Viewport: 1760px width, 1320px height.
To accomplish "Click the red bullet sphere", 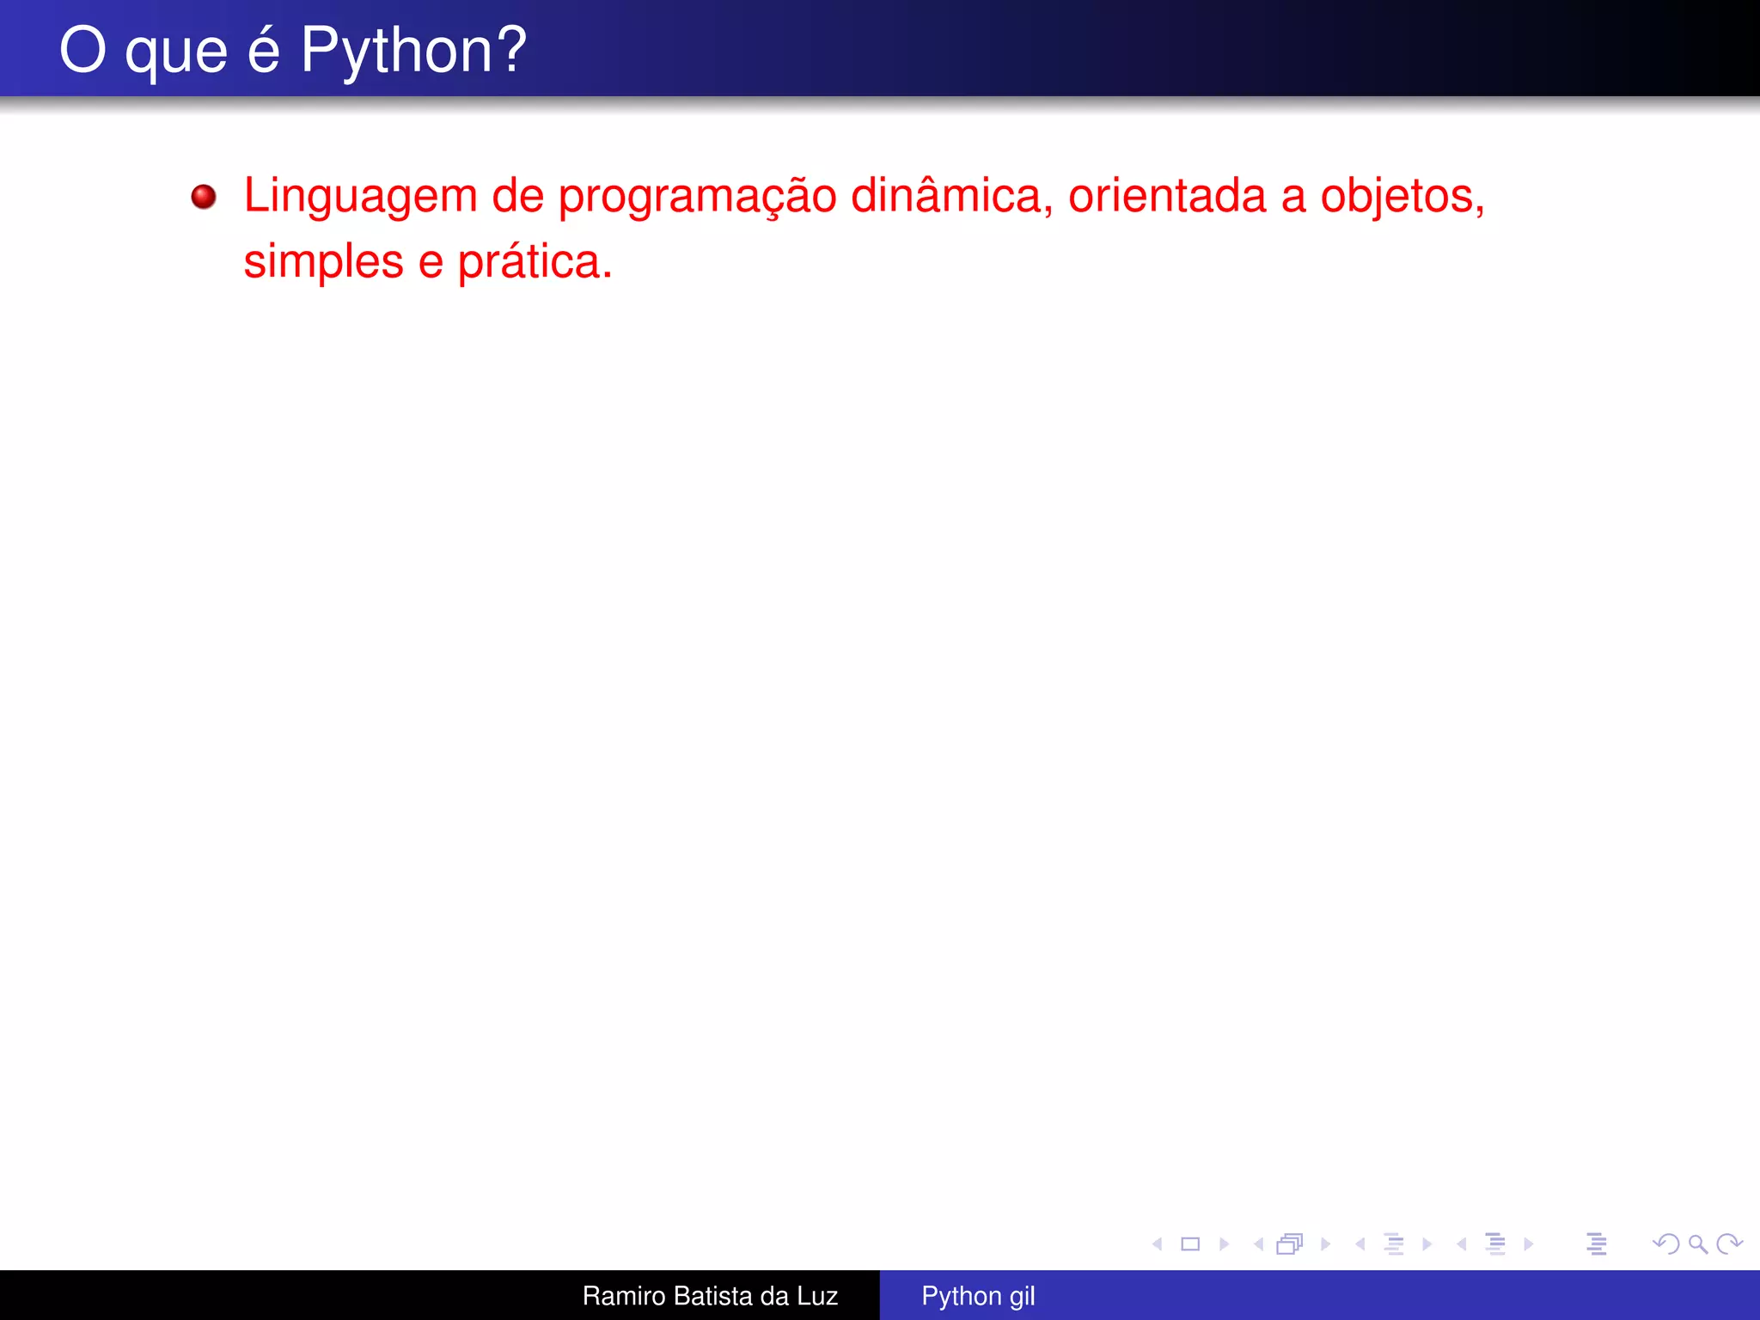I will pos(204,197).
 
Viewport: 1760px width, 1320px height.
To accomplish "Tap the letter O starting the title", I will pos(82,50).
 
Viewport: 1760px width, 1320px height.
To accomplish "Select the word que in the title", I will pos(176,53).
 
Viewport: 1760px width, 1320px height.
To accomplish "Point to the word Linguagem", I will pos(360,197).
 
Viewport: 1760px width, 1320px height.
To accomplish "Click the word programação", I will pos(697,197).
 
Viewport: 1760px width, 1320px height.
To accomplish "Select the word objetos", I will pos(1402,197).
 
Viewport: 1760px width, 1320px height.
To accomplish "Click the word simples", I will pos(323,262).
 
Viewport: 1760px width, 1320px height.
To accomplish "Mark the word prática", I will pos(534,262).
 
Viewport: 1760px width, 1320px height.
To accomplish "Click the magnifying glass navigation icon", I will pos(1698,1244).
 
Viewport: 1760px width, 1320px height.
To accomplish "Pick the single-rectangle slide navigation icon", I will pos(1190,1244).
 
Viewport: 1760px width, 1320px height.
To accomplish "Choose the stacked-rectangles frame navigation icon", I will pos(1290,1244).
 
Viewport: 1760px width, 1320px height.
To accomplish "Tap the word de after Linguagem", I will pos(517,195).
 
